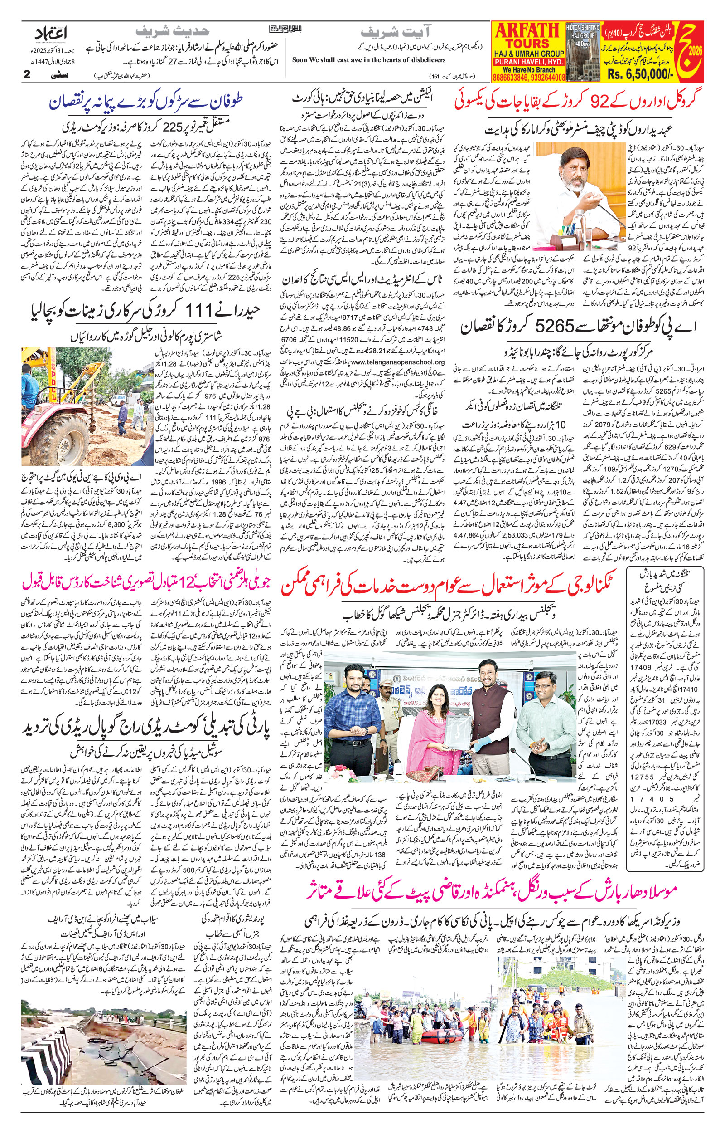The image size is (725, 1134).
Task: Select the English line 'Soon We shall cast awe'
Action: (x=369, y=60)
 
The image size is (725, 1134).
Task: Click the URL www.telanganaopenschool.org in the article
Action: (x=397, y=362)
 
